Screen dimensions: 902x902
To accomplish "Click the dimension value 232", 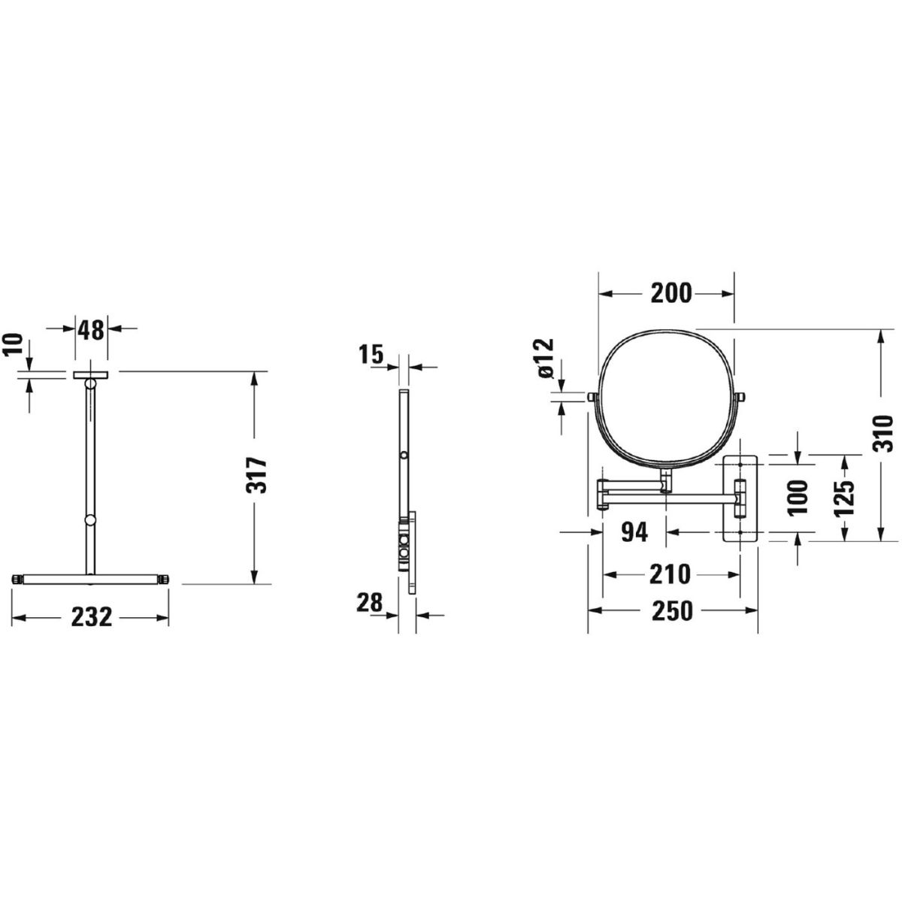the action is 92,617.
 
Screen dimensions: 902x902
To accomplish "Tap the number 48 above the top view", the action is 90,331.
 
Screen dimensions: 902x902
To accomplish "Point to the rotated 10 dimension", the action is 13,346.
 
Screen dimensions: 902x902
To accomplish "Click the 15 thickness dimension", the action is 371,354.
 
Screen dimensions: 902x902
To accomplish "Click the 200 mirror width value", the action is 670,293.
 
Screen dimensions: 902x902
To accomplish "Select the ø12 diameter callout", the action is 546,358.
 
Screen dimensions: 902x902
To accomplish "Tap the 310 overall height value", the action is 884,432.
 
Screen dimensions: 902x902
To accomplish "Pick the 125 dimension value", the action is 846,497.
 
